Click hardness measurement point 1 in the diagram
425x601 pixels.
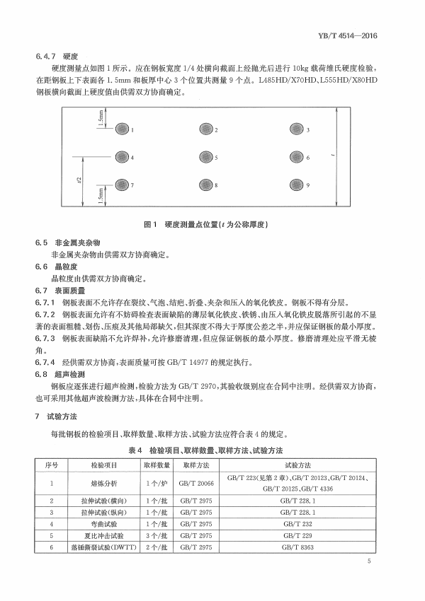pyautogui.click(x=123, y=130)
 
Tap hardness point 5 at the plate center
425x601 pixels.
pyautogui.click(x=205, y=157)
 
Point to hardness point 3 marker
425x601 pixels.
pyautogui.click(x=296, y=130)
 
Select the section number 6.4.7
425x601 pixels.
pyautogui.click(x=45, y=55)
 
